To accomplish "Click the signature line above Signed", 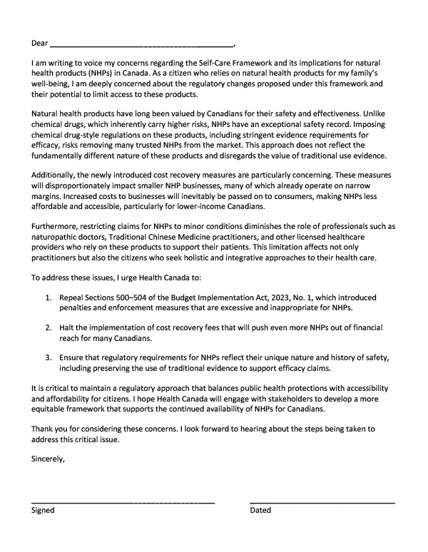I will point(123,503).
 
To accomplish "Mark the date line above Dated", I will point(322,503).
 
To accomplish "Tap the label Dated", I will point(261,511).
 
